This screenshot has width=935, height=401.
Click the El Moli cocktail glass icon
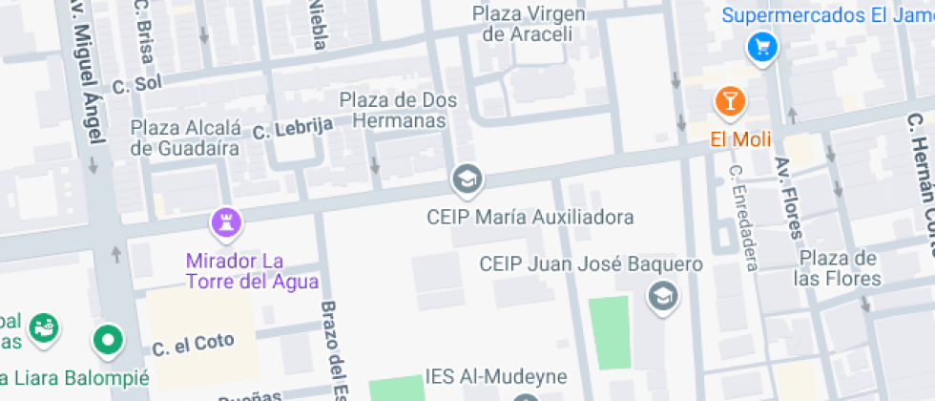click(x=730, y=100)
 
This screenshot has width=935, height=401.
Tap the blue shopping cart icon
click(x=761, y=45)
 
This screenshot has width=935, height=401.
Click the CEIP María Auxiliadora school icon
click(x=467, y=179)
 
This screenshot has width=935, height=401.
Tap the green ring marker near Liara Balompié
click(x=108, y=338)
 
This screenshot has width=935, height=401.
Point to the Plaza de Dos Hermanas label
click(x=398, y=110)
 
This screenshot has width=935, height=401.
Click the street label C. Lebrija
click(x=293, y=127)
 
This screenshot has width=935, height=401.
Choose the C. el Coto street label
click(x=193, y=345)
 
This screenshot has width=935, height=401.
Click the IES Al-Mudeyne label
click(x=496, y=377)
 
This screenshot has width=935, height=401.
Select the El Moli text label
click(x=732, y=139)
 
